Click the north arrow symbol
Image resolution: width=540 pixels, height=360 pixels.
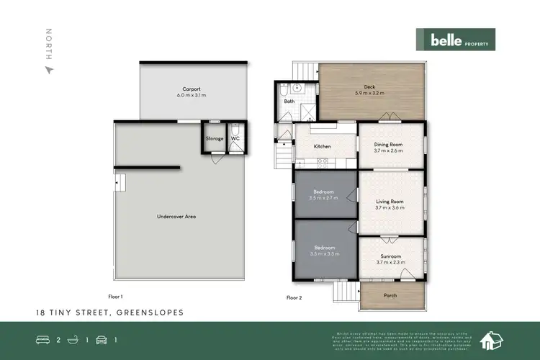coord(49,70)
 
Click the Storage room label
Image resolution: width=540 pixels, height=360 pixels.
coord(214,138)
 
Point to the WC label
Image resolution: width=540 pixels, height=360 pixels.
coord(235,138)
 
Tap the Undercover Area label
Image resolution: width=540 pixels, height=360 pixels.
coord(176,216)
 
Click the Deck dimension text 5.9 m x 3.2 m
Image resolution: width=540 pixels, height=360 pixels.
coord(369,93)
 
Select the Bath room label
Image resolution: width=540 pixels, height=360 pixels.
coord(289,102)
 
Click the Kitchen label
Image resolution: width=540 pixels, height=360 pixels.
coord(322,146)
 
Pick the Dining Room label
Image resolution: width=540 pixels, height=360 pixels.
coord(388,144)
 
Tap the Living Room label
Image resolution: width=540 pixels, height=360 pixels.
coord(388,202)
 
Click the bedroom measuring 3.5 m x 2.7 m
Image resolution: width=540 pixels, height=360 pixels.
coord(323,196)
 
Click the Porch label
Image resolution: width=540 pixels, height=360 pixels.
coord(390,295)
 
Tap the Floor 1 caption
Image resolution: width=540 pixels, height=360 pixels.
coord(115,297)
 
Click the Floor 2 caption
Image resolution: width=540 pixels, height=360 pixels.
coord(294,297)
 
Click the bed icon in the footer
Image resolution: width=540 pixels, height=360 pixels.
coord(43,338)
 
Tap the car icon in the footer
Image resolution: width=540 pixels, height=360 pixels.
coord(101,338)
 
